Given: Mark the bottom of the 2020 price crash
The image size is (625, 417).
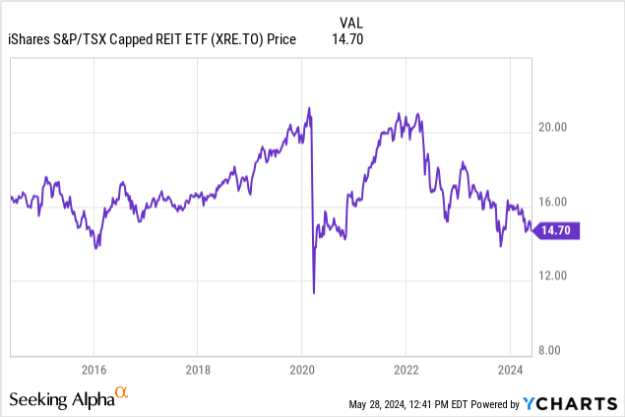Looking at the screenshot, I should [314, 292].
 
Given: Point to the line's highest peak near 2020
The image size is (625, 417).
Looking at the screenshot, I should [310, 107].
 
